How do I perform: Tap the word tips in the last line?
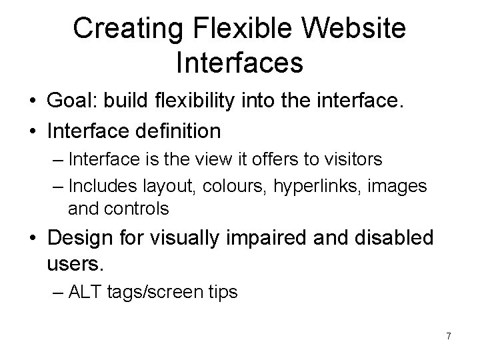(223, 292)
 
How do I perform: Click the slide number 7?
(449, 337)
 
